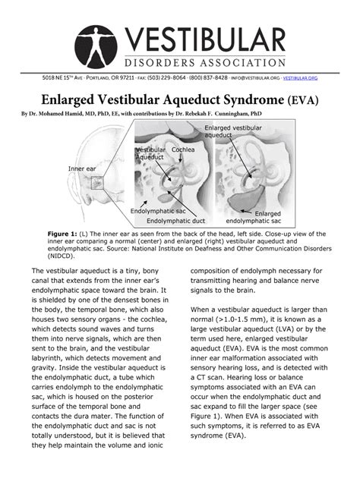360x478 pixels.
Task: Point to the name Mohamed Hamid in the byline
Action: (63, 114)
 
